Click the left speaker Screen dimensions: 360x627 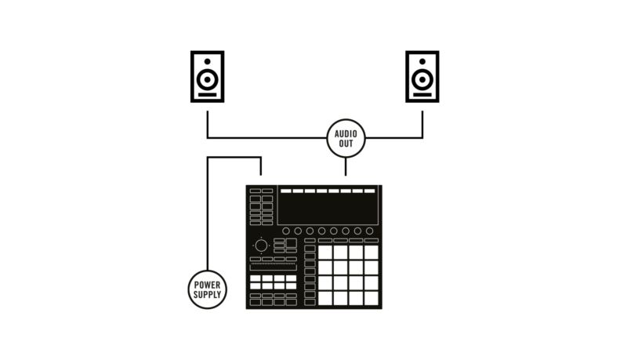tap(207, 76)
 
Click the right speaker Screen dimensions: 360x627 tap(422, 76)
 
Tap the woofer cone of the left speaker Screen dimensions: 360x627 tap(207, 80)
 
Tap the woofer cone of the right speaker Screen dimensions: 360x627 tap(422, 80)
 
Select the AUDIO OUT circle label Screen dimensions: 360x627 tap(346, 139)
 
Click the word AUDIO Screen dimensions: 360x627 tap(346, 134)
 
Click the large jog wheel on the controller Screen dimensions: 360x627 tap(260, 245)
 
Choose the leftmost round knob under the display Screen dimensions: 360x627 tap(286, 231)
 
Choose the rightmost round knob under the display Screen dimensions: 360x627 tap(369, 231)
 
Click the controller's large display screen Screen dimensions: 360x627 tap(328, 209)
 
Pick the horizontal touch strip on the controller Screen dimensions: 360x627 tap(273, 267)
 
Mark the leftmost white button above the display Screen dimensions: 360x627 tap(286, 191)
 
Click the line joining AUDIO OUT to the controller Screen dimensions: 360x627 tap(346, 166)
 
